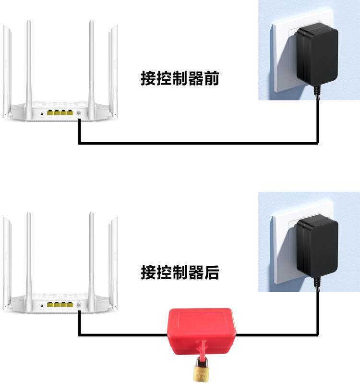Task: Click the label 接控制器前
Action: pyautogui.click(x=180, y=78)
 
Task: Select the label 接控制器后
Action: pyautogui.click(x=180, y=272)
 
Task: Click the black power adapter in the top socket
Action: pyautogui.click(x=317, y=55)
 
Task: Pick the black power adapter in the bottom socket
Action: pyautogui.click(x=316, y=247)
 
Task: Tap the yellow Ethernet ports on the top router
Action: pyautogui.click(x=60, y=113)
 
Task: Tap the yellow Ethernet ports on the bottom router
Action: pyautogui.click(x=60, y=305)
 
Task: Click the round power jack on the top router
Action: pyautogui.click(x=78, y=114)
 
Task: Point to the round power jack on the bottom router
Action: pyautogui.click(x=78, y=305)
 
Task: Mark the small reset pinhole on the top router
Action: pyautogui.click(x=42, y=114)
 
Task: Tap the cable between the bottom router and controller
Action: pyautogui.click(x=120, y=334)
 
